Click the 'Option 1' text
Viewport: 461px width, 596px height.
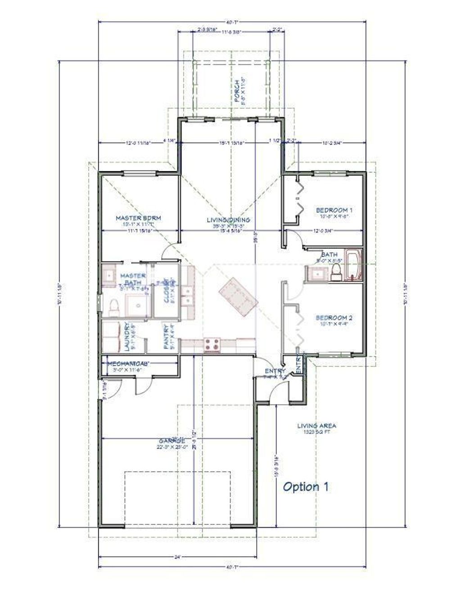coord(306,487)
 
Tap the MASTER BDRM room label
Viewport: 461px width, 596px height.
coord(138,218)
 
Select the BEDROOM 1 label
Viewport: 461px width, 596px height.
coord(334,210)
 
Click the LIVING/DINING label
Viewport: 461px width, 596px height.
coord(228,220)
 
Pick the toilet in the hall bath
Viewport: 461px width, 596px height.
coord(335,273)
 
